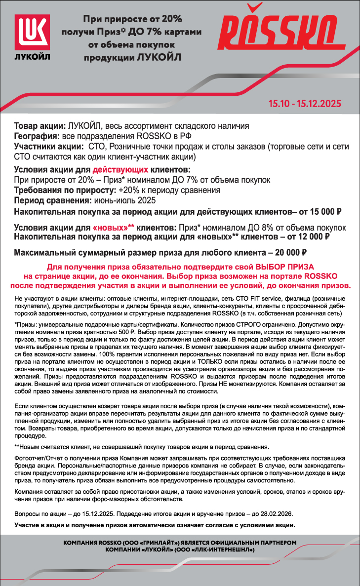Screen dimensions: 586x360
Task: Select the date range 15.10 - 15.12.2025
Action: (304, 105)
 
